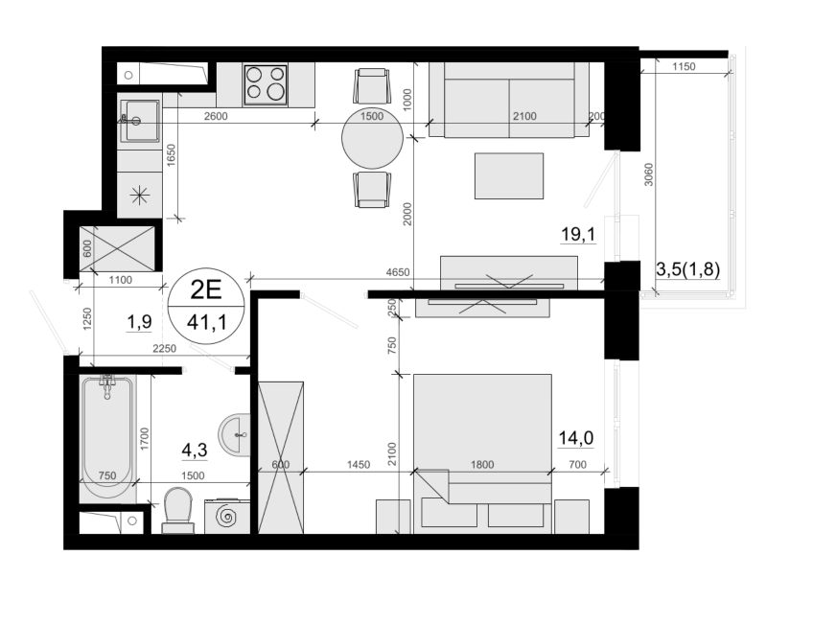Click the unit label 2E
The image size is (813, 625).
coord(206,289)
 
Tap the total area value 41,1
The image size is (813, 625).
coord(206,323)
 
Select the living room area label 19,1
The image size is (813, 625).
coord(578,234)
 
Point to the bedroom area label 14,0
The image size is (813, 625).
coord(575,438)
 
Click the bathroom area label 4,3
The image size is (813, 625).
coord(195,450)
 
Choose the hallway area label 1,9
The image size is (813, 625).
coord(139,322)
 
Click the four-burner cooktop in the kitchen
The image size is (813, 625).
coord(266,85)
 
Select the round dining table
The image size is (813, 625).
coord(372,138)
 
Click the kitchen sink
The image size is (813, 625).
coord(139,121)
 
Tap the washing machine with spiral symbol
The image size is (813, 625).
coord(227,516)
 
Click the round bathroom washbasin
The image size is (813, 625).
coord(234,435)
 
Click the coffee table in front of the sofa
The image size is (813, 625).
coord(509,175)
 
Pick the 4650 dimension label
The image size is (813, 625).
coord(398,272)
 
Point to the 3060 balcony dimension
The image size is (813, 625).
coord(649,174)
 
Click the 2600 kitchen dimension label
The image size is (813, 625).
coord(216,116)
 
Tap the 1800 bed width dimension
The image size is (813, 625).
coord(482,465)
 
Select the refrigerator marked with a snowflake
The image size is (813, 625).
coord(139,196)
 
